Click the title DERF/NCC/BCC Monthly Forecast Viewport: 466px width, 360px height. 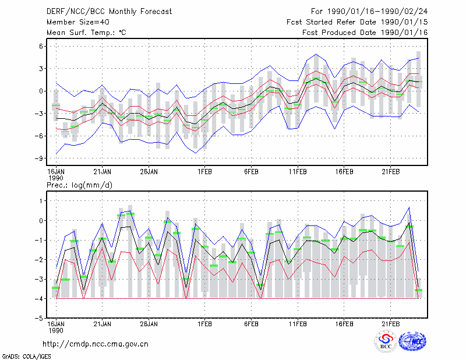click(109, 12)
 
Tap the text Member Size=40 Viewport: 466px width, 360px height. click(78, 22)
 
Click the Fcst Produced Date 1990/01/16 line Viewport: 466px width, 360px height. click(365, 33)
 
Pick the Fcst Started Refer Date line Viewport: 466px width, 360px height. click(357, 22)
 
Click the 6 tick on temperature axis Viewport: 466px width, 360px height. click(41, 46)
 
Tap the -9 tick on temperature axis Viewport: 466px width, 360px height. click(39, 158)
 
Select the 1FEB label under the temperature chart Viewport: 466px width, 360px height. click(204, 172)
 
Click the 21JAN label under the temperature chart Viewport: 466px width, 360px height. click(103, 172)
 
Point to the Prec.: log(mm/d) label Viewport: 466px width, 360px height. click(79, 185)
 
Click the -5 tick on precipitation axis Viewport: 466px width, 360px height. click(39, 318)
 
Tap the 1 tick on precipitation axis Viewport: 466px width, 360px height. click(41, 201)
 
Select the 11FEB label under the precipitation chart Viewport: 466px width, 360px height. click(298, 324)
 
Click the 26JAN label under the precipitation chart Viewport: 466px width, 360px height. click(149, 324)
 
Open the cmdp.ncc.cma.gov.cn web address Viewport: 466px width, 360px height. click(96, 344)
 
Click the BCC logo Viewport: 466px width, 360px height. click(386, 341)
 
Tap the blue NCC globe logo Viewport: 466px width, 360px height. click(412, 341)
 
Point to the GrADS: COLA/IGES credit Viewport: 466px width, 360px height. click(27, 357)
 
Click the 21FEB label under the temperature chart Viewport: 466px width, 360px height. click(390, 172)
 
